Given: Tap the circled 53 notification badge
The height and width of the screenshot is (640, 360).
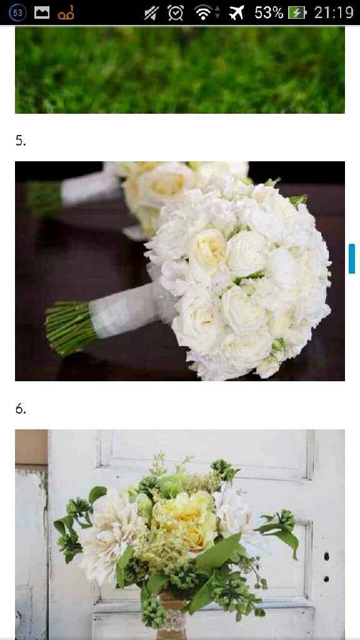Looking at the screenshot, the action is coord(17,12).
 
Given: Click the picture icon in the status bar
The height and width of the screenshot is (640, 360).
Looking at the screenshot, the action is coord(42,12).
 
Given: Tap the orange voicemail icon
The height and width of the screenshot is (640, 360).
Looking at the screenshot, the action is coord(66,13).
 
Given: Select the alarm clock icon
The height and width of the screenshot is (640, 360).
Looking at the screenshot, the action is coord(176,12).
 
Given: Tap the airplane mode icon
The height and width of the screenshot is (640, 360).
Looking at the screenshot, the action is coord(236,12).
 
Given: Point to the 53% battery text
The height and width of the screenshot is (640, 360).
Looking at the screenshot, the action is coord(269,12).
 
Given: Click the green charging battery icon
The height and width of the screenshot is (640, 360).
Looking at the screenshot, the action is coord(297,13).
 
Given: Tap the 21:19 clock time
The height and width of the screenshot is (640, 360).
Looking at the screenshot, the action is coord(334,12).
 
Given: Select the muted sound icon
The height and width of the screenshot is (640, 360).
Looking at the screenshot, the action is coord(151,12).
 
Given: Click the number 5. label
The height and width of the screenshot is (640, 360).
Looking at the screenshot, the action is coord(21,141).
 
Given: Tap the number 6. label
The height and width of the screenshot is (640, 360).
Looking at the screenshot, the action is coord(21,409).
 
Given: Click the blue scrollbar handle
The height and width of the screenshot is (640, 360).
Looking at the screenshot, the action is coord(352,258).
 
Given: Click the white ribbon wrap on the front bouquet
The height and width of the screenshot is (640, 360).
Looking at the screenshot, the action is coord(123,309).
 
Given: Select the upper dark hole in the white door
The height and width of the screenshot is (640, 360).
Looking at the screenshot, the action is coord(326,556).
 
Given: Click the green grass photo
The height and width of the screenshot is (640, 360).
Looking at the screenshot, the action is coord(180,70).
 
